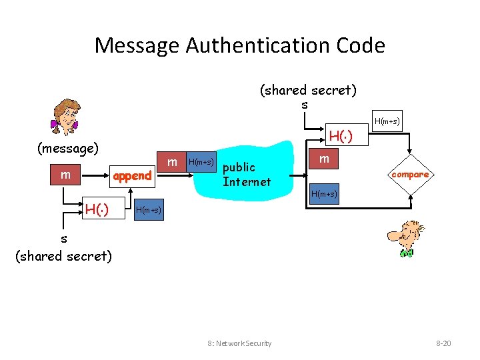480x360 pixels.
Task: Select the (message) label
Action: pos(68,147)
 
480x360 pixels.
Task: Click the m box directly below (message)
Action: pos(65,175)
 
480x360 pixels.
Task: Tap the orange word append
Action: pos(132,176)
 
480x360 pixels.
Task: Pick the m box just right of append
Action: pos(172,162)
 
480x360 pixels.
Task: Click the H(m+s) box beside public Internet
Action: pos(201,162)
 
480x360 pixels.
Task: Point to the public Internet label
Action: pos(247,174)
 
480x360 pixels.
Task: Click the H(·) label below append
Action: pos(97,211)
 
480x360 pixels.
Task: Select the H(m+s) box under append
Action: pos(148,211)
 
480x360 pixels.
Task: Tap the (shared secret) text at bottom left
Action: pos(63,255)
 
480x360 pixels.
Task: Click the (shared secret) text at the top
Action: pos(307,89)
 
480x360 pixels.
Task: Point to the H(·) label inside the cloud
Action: pos(340,137)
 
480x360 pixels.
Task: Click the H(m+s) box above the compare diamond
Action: pos(387,121)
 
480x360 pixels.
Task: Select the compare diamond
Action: pos(410,175)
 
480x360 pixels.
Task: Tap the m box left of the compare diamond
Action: pos(324,159)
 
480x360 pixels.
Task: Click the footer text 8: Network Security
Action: pos(240,343)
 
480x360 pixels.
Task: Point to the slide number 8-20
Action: pos(443,343)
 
